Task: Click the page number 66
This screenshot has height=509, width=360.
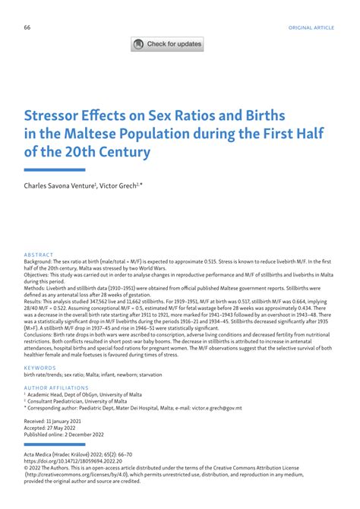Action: (x=27, y=27)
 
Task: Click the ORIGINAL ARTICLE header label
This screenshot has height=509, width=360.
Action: (x=310, y=27)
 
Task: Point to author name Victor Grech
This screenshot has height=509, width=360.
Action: (x=121, y=185)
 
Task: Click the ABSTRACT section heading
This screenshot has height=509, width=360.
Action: (x=39, y=254)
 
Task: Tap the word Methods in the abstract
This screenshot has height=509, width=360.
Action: (x=36, y=289)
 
